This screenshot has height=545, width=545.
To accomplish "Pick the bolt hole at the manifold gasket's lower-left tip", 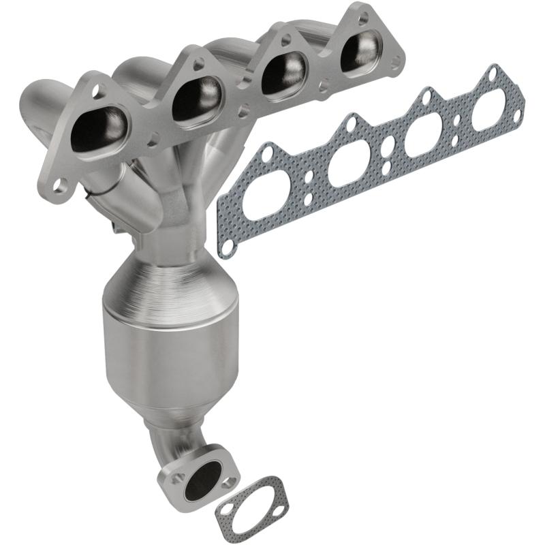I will pyautogui.click(x=227, y=250).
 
